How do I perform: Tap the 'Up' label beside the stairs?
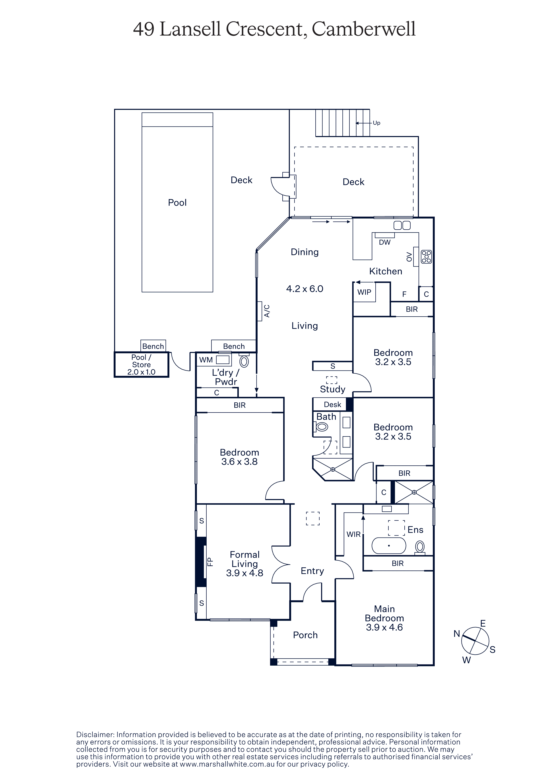pyautogui.click(x=376, y=123)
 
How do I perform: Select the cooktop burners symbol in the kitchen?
pyautogui.click(x=426, y=257)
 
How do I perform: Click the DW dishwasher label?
pyautogui.click(x=385, y=242)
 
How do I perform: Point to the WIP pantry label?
pyautogui.click(x=364, y=292)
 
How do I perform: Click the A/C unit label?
pyautogui.click(x=267, y=311)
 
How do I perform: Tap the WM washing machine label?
pyautogui.click(x=206, y=360)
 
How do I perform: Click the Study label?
pyautogui.click(x=332, y=389)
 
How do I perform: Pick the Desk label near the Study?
pyautogui.click(x=332, y=405)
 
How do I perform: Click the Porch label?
pyautogui.click(x=305, y=635)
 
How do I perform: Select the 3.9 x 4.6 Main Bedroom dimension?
pyautogui.click(x=384, y=627)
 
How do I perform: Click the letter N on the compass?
pyautogui.click(x=457, y=634)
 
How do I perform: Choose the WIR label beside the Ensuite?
pyautogui.click(x=353, y=534)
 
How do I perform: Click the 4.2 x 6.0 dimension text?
pyautogui.click(x=305, y=289)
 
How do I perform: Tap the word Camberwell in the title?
pyautogui.click(x=363, y=29)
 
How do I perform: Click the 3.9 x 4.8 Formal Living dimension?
pyautogui.click(x=244, y=573)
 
